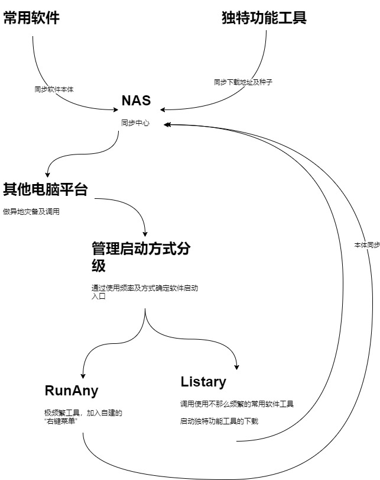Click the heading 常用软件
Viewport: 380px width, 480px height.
(31, 18)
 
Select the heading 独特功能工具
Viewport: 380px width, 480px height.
(264, 18)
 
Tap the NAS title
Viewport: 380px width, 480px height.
(136, 101)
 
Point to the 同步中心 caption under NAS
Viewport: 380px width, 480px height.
(136, 124)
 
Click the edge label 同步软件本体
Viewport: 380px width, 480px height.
(54, 89)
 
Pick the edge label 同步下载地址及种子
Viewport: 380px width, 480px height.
(243, 82)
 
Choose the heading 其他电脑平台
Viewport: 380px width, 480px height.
(46, 189)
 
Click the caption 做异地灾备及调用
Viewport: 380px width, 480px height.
(31, 212)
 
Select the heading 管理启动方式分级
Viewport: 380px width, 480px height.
(141, 256)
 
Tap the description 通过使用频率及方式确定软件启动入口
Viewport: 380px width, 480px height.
(144, 292)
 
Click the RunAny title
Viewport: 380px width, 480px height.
(72, 391)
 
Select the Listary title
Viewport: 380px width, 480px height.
(203, 382)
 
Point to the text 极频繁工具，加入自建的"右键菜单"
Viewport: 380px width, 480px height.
(83, 417)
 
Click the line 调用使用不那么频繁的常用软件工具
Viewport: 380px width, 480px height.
(237, 404)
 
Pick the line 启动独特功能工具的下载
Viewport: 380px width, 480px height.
(219, 421)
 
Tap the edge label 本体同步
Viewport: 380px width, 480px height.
(366, 244)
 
